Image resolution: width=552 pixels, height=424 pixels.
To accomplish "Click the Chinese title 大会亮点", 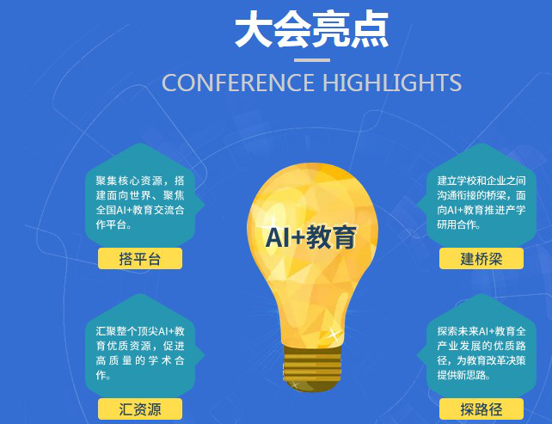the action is [311, 29].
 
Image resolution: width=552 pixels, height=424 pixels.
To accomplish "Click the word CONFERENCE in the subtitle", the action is [238, 83].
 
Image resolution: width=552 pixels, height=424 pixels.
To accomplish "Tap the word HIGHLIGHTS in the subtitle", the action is [392, 83].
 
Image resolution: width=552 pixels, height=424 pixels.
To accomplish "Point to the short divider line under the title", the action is [312, 60].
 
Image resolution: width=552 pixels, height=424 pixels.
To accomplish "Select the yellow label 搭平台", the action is [140, 259].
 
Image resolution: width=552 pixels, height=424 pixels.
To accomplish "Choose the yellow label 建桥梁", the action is [481, 259].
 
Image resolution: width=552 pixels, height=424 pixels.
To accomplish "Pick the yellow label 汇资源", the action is [140, 409].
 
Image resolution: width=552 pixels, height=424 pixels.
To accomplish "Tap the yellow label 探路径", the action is [481, 409].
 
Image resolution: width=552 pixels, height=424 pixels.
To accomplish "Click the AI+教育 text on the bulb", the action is [311, 237].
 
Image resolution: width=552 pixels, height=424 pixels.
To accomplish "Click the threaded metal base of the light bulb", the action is [312, 366].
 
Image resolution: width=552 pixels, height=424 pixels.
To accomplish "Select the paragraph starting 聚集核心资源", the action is [140, 202].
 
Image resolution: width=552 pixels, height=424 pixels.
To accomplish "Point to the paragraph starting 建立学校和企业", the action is [481, 202].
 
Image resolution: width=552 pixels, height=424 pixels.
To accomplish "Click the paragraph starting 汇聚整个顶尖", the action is [140, 353].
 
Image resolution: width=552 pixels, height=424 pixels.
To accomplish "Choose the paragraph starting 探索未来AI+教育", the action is [481, 353].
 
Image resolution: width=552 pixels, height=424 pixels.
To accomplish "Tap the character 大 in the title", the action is [254, 29].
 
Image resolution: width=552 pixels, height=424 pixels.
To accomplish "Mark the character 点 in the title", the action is [370, 29].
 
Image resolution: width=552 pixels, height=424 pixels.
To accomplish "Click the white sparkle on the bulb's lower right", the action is [333, 333].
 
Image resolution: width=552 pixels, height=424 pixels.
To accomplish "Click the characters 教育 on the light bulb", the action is [331, 237].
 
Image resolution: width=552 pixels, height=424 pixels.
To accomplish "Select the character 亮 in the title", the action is [331, 29].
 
